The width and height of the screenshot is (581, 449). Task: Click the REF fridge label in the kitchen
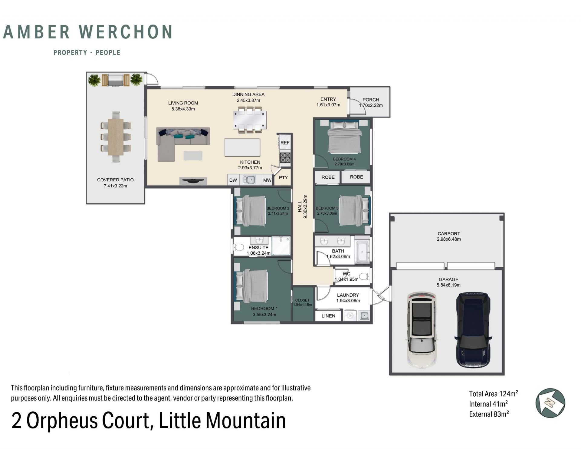coord(285,143)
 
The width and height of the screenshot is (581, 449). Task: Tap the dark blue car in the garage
coord(473,330)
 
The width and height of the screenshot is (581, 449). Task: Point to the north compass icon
coord(550,403)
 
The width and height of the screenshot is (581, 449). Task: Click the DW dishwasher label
coord(233,180)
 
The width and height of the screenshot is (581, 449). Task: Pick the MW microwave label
coord(267,180)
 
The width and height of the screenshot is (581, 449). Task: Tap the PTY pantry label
coord(283,177)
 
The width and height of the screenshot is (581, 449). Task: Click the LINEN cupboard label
coord(328,316)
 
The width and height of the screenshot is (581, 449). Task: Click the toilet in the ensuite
coord(239,247)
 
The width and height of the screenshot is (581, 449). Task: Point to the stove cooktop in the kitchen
coord(285,158)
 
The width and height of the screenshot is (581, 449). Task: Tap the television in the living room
coord(193,181)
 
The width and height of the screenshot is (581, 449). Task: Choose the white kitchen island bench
coord(242,147)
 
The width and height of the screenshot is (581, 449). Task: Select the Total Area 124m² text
coord(494,394)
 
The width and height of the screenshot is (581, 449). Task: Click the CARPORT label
coord(448,234)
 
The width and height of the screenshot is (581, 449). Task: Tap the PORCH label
coord(371,100)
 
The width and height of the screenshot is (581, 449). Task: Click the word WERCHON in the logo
coord(126,32)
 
